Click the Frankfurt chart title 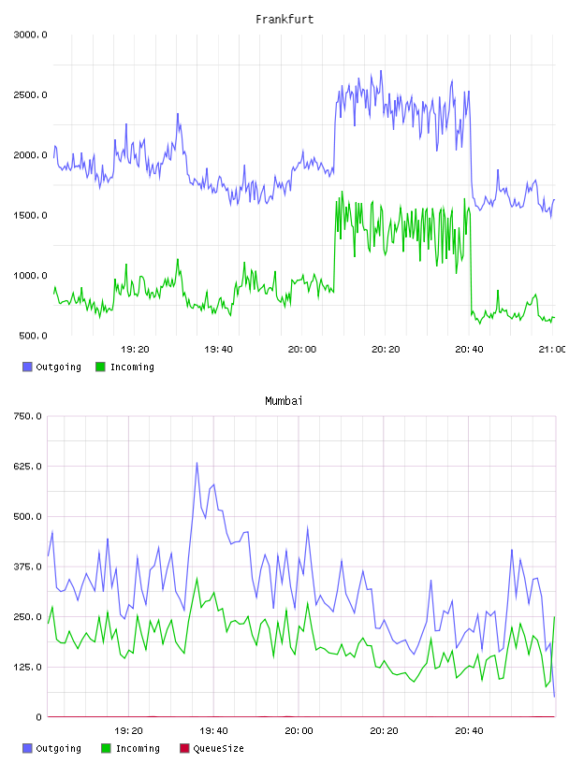click(284, 20)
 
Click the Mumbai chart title click(284, 401)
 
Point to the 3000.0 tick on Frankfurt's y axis click(31, 35)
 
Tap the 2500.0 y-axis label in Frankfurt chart click(31, 94)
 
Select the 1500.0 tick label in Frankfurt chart click(31, 216)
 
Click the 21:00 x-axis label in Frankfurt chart click(552, 349)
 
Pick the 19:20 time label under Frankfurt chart click(135, 349)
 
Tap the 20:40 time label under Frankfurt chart click(469, 349)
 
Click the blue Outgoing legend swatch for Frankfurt click(27, 367)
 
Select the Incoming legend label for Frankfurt click(132, 367)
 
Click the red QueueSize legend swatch click(184, 748)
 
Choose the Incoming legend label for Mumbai click(138, 748)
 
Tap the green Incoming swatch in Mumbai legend click(106, 748)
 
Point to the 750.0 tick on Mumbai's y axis click(28, 416)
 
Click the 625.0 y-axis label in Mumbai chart click(28, 467)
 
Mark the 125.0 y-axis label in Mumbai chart click(28, 667)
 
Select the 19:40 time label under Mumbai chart click(213, 730)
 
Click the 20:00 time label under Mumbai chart click(299, 730)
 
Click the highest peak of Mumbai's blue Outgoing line click(197, 463)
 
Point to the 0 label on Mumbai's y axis click(39, 717)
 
